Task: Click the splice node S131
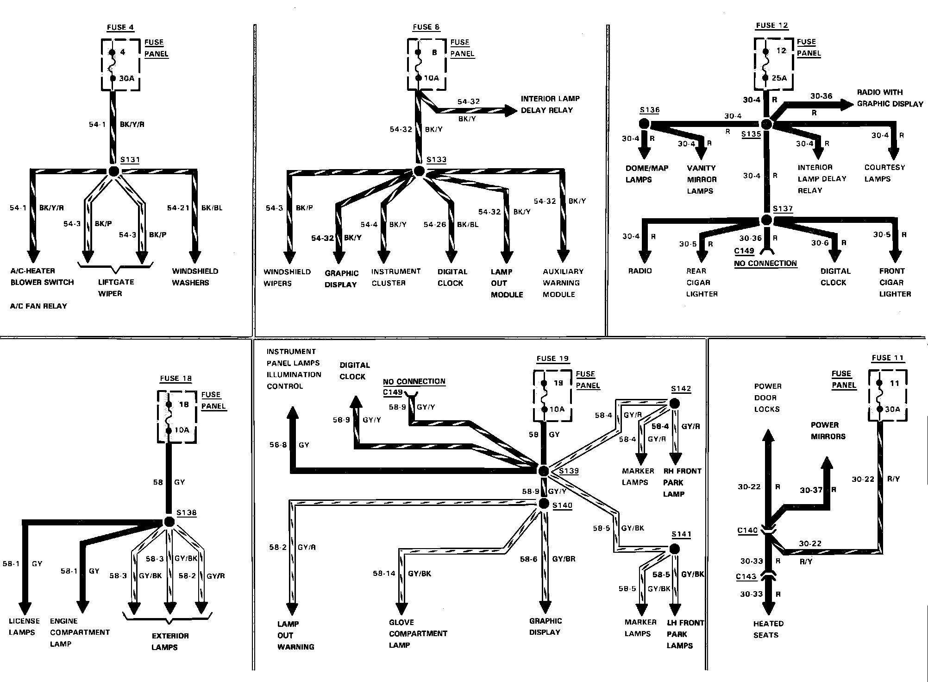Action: pyautogui.click(x=113, y=171)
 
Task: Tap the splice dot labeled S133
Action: pyautogui.click(x=419, y=171)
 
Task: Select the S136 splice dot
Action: pyautogui.click(x=644, y=124)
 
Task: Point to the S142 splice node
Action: pyautogui.click(x=675, y=404)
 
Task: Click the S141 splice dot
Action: pyautogui.click(x=675, y=549)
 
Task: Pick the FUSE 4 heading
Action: pyautogui.click(x=120, y=27)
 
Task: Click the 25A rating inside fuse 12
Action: pyautogui.click(x=779, y=78)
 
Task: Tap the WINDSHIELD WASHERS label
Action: pyautogui.click(x=195, y=277)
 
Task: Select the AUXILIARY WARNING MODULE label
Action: pyautogui.click(x=563, y=283)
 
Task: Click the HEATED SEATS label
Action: pyautogui.click(x=768, y=629)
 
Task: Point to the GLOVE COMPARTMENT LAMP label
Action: pyautogui.click(x=418, y=633)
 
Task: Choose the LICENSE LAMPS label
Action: pyautogui.click(x=24, y=626)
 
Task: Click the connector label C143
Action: pyautogui.click(x=746, y=577)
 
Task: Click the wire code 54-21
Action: pyautogui.click(x=178, y=208)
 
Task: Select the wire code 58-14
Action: pyautogui.click(x=384, y=574)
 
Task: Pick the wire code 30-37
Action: pyautogui.click(x=811, y=490)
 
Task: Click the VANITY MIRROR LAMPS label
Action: pyautogui.click(x=702, y=179)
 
